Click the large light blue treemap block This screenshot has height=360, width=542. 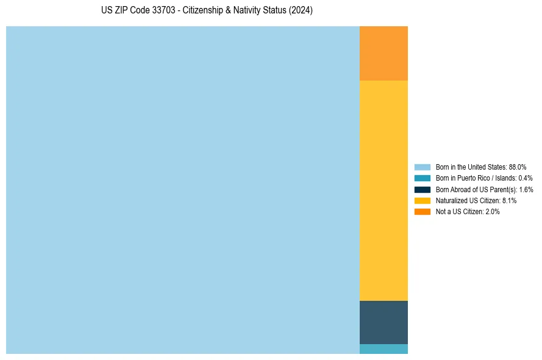tap(183, 190)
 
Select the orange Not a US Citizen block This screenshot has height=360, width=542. tap(383, 53)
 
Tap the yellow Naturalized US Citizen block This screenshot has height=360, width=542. tap(383, 190)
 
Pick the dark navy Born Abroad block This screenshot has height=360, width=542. tap(383, 322)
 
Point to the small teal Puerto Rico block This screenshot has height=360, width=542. tap(383, 349)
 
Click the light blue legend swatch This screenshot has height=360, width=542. tap(423, 167)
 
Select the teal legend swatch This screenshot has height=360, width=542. tap(423, 178)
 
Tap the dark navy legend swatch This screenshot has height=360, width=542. tap(423, 190)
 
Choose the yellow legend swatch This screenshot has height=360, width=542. tap(423, 201)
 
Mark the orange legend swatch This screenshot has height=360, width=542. tap(423, 212)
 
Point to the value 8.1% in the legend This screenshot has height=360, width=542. tap(509, 201)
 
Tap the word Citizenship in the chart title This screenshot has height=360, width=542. tap(204, 11)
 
